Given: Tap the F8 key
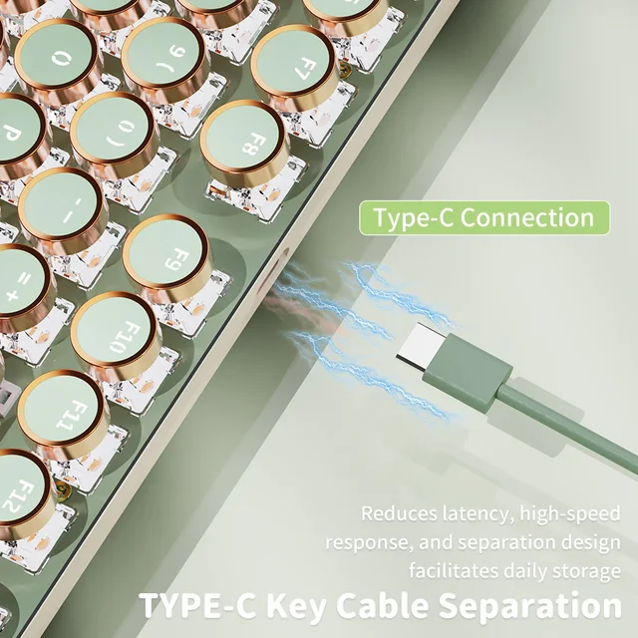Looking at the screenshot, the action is coord(243,141).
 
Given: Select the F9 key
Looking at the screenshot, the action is coord(165,255).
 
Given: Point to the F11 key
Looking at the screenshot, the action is coord(61,411).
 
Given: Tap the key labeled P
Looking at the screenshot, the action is coord(14,132).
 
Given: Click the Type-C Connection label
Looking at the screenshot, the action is coord(483,218).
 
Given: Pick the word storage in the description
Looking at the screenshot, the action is coord(585,571).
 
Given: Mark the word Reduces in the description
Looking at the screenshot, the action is coord(398,515).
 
